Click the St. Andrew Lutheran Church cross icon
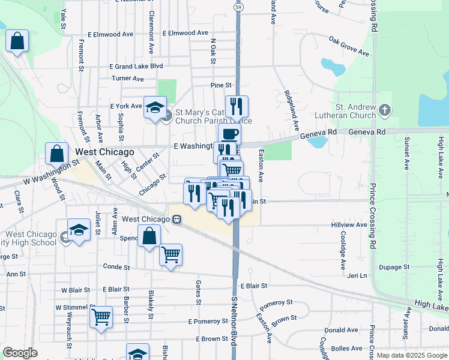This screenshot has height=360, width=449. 385,110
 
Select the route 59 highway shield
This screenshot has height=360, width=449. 238,7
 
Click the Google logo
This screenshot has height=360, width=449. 20,353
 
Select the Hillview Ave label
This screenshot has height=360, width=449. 349,224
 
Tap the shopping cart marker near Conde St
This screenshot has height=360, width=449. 171,255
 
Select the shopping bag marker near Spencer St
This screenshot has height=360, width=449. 149,236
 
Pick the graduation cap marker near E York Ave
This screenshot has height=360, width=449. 155,107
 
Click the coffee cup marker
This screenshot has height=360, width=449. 229,135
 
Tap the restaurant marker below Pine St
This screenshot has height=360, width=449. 237,106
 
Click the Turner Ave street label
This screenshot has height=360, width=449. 128,79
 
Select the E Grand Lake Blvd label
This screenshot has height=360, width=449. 136,66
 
